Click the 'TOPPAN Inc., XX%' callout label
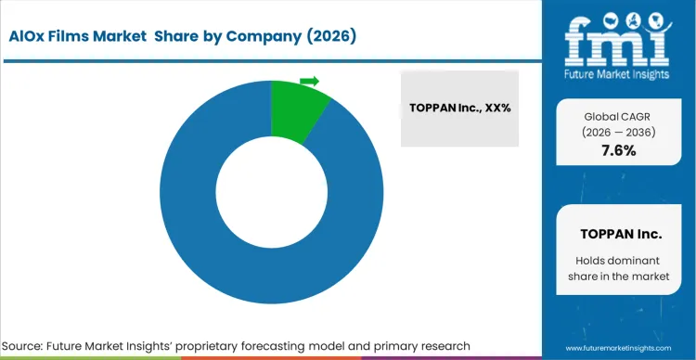coord(461,109)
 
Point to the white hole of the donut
coord(270,193)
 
